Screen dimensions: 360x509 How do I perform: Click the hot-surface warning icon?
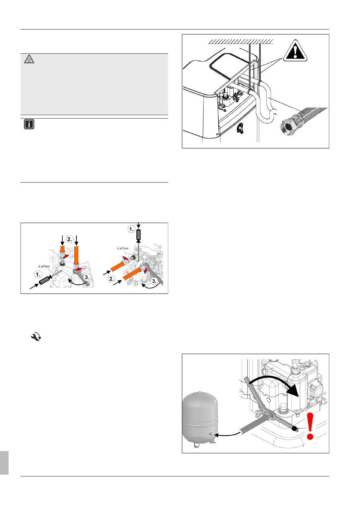coord(29,59)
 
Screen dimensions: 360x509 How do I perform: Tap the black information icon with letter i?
coord(29,124)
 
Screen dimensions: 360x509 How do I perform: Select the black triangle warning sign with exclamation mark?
coord(295,52)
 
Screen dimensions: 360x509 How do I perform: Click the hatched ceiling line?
coord(241,41)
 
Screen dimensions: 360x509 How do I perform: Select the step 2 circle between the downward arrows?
coord(69,239)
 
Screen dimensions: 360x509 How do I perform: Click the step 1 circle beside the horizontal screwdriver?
coord(38,275)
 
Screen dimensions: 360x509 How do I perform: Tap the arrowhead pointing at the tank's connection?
coord(217,435)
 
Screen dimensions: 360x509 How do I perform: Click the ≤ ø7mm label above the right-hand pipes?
coord(123,248)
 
